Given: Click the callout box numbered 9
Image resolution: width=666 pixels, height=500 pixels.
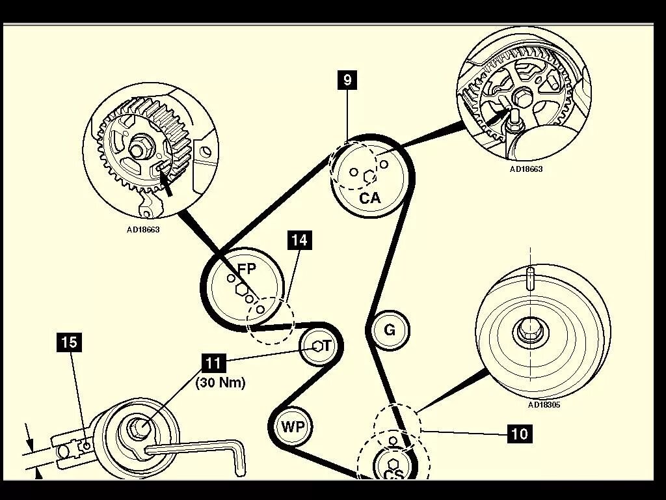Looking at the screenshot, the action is tap(348, 80).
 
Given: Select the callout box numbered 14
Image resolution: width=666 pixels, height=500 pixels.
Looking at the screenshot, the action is tap(299, 240).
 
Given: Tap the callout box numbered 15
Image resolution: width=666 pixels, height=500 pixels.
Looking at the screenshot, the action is tap(70, 342).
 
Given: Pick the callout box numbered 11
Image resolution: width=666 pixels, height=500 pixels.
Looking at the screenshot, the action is tap(213, 363).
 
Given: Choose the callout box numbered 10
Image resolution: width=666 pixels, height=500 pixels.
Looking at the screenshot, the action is tap(520, 433).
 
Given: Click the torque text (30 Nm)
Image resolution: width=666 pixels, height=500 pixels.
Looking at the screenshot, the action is tap(220, 383).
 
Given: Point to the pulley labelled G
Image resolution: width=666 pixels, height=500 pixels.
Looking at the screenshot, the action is tap(390, 330).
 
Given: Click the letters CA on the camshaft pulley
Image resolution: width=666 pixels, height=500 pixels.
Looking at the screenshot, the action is tap(370, 198).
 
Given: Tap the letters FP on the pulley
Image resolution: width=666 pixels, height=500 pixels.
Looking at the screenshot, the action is tap(246, 268).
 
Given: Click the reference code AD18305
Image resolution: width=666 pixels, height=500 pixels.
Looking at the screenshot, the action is tap(544, 404).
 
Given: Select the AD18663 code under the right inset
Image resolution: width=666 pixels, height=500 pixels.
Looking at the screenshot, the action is tap(526, 169).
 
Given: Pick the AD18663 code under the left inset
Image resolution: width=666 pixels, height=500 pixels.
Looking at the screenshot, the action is tap(143, 229).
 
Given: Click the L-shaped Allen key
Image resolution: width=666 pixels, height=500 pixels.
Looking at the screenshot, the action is tap(195, 449).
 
